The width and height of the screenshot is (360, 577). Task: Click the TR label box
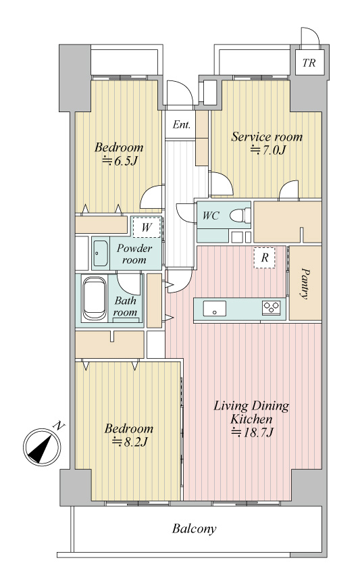tap(310, 62)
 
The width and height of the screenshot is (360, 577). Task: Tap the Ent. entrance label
tap(182, 125)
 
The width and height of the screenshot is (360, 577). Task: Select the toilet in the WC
tap(240, 216)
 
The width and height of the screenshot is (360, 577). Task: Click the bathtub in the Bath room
tap(95, 299)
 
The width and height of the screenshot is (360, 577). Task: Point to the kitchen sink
tap(214, 308)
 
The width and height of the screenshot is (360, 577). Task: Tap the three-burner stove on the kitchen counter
tap(272, 307)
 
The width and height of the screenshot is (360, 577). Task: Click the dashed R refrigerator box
tap(264, 257)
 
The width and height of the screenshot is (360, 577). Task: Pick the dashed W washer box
tap(147, 228)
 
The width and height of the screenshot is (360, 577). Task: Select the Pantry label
tap(305, 283)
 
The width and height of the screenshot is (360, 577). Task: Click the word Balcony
tap(194, 529)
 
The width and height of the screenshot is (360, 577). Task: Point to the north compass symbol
tap(42, 447)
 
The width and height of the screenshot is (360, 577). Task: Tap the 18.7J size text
tap(253, 432)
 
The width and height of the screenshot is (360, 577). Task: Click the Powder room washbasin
tap(100, 253)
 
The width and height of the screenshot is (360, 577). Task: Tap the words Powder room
tap(134, 254)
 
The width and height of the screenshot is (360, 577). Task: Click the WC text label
tap(211, 216)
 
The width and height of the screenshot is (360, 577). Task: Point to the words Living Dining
tap(251, 406)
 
